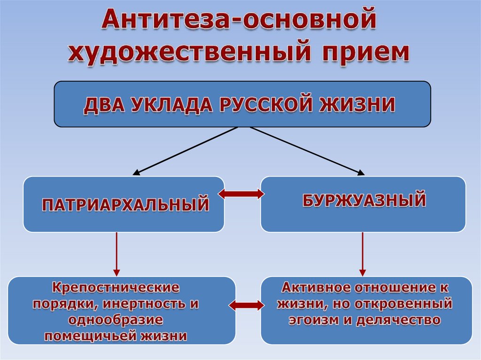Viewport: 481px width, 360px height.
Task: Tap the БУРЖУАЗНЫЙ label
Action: pyautogui.click(x=364, y=200)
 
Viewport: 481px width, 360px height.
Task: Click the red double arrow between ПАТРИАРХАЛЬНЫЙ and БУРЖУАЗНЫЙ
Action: pyautogui.click(x=242, y=194)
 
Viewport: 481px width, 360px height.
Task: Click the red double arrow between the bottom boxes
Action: pyautogui.click(x=248, y=306)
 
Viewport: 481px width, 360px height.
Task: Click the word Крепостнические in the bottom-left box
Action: pyautogui.click(x=116, y=286)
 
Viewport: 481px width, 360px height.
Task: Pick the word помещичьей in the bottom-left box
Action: pyautogui.click(x=99, y=336)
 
